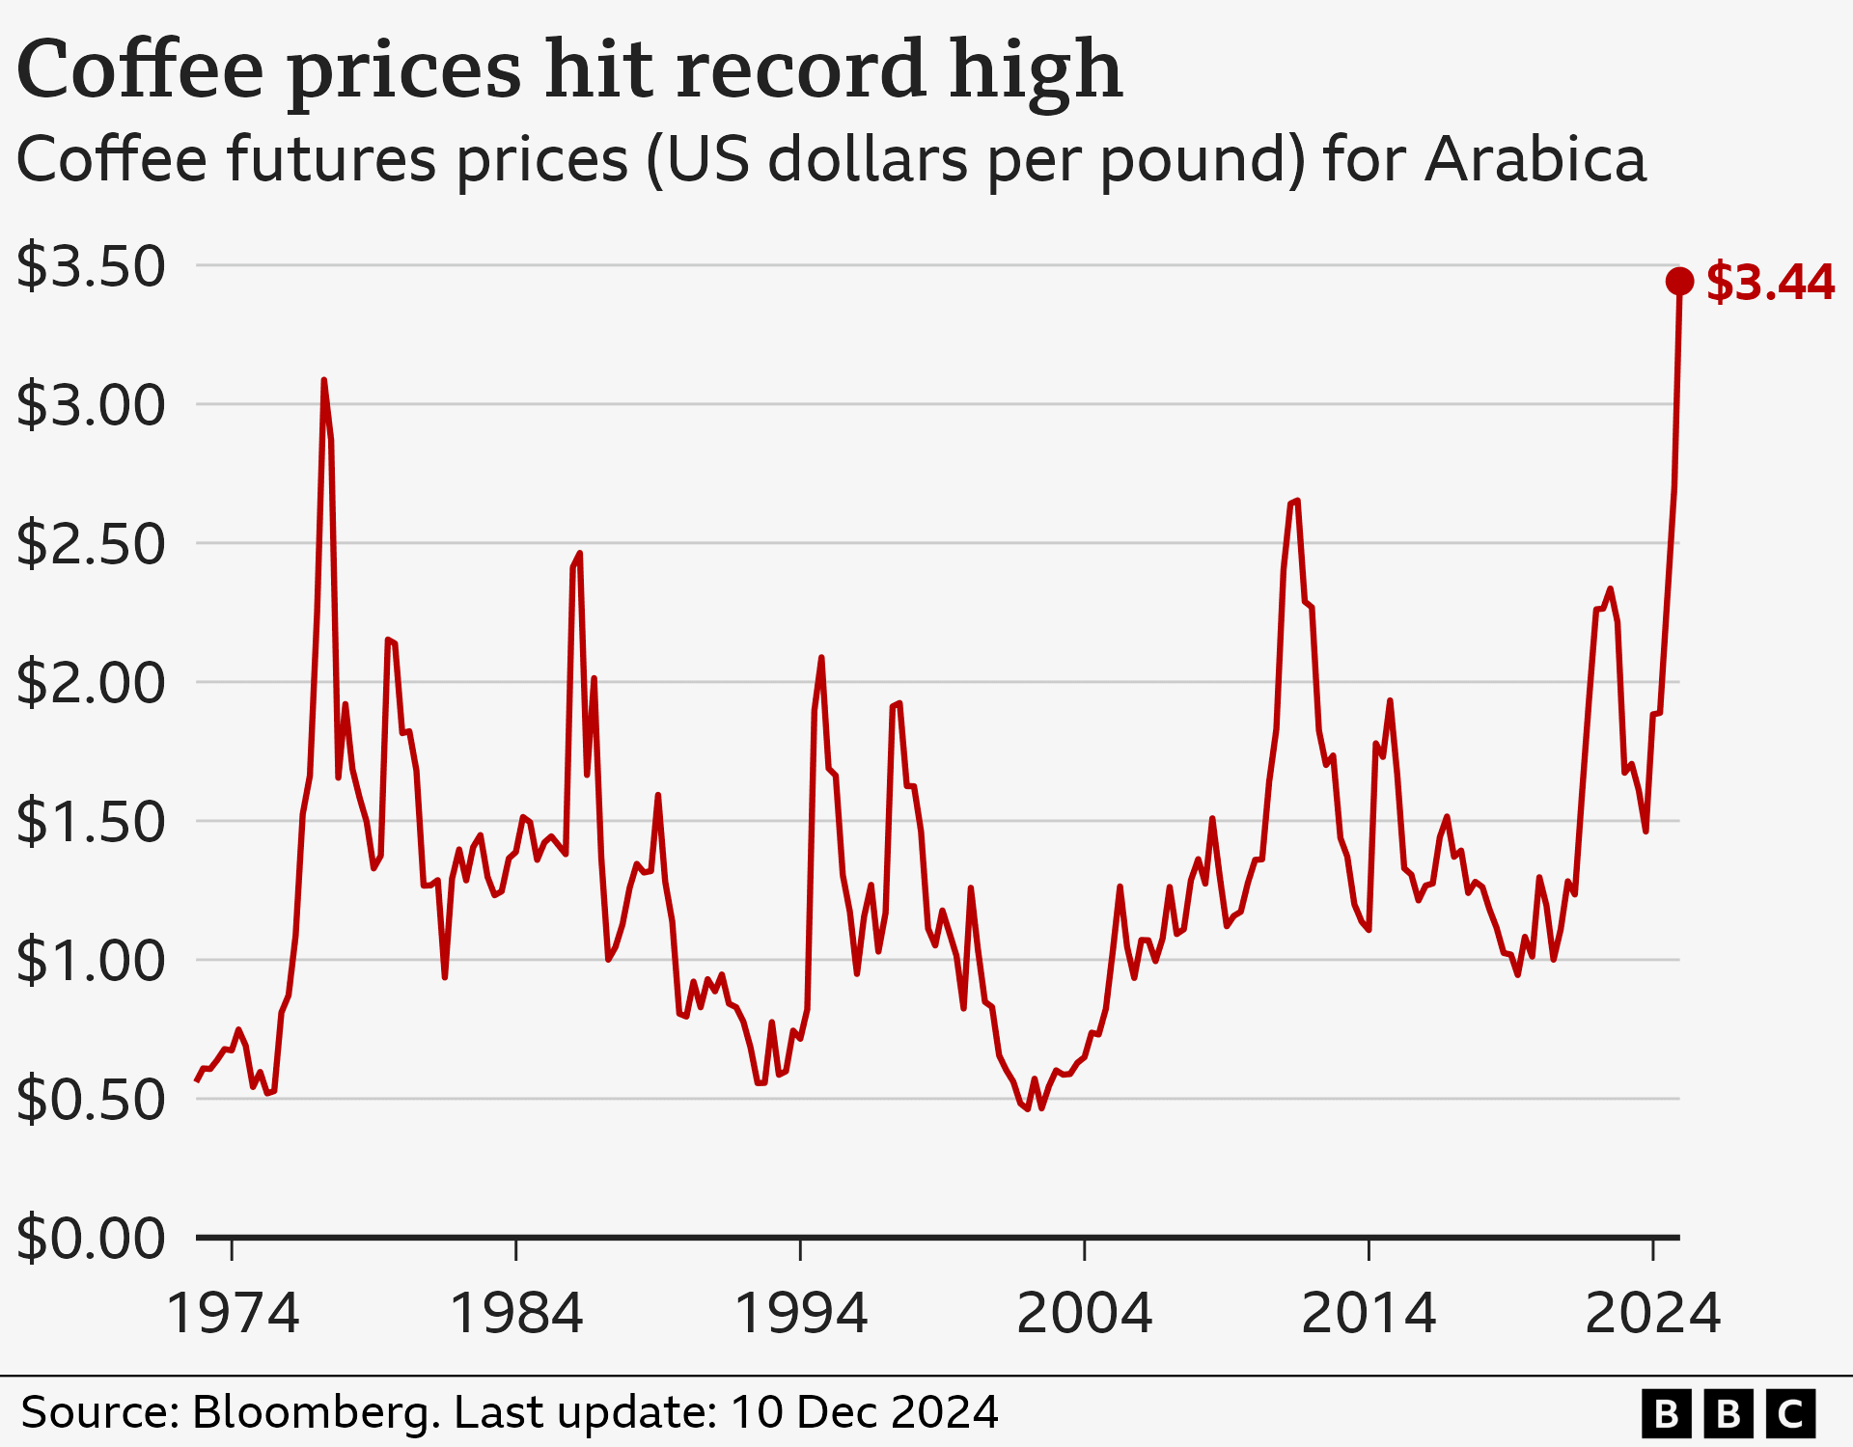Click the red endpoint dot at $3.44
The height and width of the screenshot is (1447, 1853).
[1679, 282]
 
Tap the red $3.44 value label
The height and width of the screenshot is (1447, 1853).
[1770, 284]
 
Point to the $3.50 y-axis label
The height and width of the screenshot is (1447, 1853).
[92, 267]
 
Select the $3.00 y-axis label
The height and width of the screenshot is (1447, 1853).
[92, 406]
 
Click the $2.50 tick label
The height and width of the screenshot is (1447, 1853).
[92, 545]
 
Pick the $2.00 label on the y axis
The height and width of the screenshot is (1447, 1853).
[92, 684]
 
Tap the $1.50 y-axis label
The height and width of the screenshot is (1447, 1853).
[92, 823]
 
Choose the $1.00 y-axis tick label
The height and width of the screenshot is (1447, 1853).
[92, 962]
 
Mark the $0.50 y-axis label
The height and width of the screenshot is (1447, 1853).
[92, 1101]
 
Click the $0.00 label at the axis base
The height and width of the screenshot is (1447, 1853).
[92, 1240]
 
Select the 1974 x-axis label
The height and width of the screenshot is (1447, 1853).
[233, 1314]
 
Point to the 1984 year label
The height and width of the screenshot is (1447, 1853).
[516, 1314]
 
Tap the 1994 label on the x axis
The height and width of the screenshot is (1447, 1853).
[801, 1314]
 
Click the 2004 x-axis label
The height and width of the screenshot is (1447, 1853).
[1085, 1314]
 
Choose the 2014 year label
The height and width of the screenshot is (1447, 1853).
[1369, 1314]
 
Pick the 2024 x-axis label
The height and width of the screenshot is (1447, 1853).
[1652, 1314]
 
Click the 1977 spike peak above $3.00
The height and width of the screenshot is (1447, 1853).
[324, 381]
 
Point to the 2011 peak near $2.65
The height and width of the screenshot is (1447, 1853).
[1295, 502]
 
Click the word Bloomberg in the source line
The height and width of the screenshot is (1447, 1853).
[316, 1413]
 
